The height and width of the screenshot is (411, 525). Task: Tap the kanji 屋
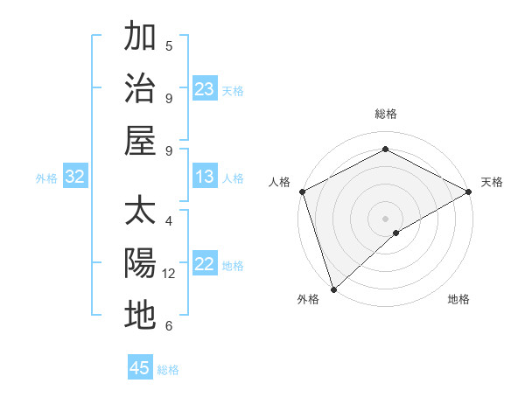click(140, 140)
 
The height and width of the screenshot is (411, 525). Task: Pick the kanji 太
click(140, 212)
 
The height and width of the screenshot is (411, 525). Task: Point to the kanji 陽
click(140, 264)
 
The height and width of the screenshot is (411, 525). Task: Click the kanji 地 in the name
click(140, 315)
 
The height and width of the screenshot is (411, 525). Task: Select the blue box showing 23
click(205, 88)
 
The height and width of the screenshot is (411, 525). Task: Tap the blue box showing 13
click(205, 177)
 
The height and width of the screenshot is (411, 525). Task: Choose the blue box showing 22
click(205, 264)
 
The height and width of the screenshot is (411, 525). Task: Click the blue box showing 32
click(75, 177)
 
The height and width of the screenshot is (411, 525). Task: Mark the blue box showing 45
click(140, 368)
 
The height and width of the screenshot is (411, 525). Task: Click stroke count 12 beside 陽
click(169, 274)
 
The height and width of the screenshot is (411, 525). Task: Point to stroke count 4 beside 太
click(169, 221)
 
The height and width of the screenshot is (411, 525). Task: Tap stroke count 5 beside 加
click(169, 46)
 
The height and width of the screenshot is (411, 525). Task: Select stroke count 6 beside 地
click(169, 326)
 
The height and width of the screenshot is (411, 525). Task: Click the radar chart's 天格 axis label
click(492, 182)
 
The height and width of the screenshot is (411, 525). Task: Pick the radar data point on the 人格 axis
click(302, 192)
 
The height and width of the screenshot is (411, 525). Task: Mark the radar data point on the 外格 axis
click(333, 289)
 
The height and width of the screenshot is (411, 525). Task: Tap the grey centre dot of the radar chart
click(385, 218)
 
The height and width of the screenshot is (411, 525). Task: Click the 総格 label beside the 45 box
click(168, 370)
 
